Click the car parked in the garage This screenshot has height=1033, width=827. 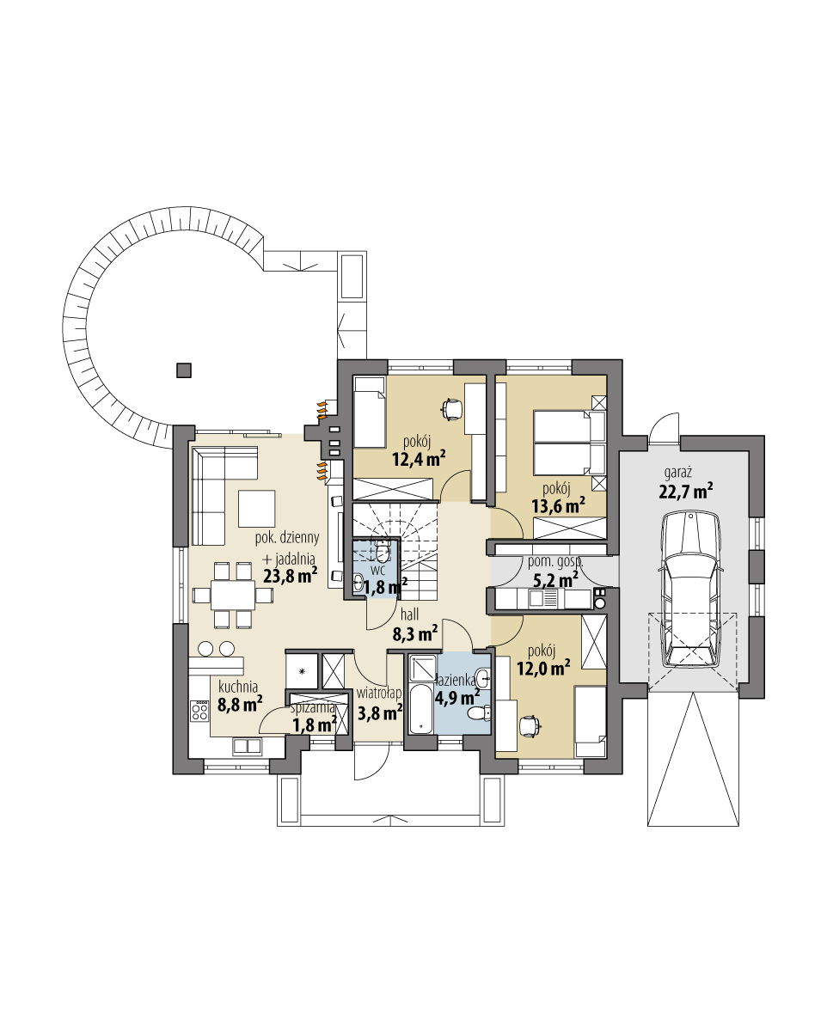click(691, 589)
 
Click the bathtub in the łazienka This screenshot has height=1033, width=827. click(420, 708)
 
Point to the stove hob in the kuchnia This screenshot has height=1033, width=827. click(199, 711)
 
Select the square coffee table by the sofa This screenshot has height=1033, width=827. click(256, 507)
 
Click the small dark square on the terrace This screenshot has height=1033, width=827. click(183, 370)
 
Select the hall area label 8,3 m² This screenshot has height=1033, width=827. click(415, 634)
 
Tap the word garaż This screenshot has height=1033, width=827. click(679, 473)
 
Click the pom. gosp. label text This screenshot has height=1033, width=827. click(554, 562)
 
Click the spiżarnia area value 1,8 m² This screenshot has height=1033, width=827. click(313, 724)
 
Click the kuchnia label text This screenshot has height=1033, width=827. click(238, 686)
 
